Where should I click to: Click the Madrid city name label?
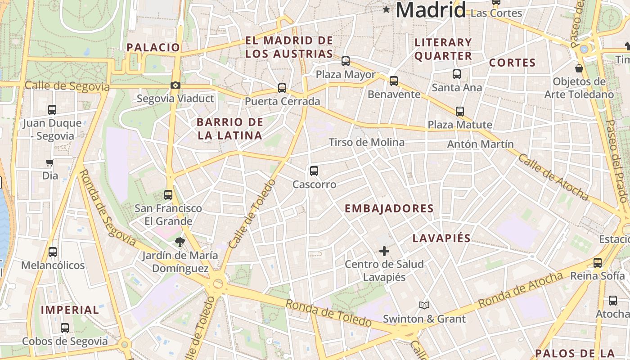click(431, 10)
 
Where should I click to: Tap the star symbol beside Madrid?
click(386, 9)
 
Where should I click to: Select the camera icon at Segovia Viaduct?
click(175, 85)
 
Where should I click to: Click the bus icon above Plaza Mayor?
click(346, 61)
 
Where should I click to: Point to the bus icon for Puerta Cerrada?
click(282, 88)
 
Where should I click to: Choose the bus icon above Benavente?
click(394, 81)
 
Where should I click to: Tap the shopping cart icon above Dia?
click(50, 162)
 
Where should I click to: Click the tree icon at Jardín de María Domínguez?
click(180, 242)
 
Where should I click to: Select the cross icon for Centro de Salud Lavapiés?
click(384, 251)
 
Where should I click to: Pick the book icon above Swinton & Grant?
click(424, 306)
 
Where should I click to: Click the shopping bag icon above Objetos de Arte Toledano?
click(579, 68)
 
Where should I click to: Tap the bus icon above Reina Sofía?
click(598, 263)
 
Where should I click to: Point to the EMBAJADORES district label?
click(389, 209)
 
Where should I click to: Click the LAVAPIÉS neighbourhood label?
click(442, 238)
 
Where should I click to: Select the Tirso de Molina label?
click(366, 143)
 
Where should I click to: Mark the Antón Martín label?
click(480, 144)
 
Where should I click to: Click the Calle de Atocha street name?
click(553, 177)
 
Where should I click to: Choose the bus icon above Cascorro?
click(314, 171)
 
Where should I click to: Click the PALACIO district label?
click(153, 47)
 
